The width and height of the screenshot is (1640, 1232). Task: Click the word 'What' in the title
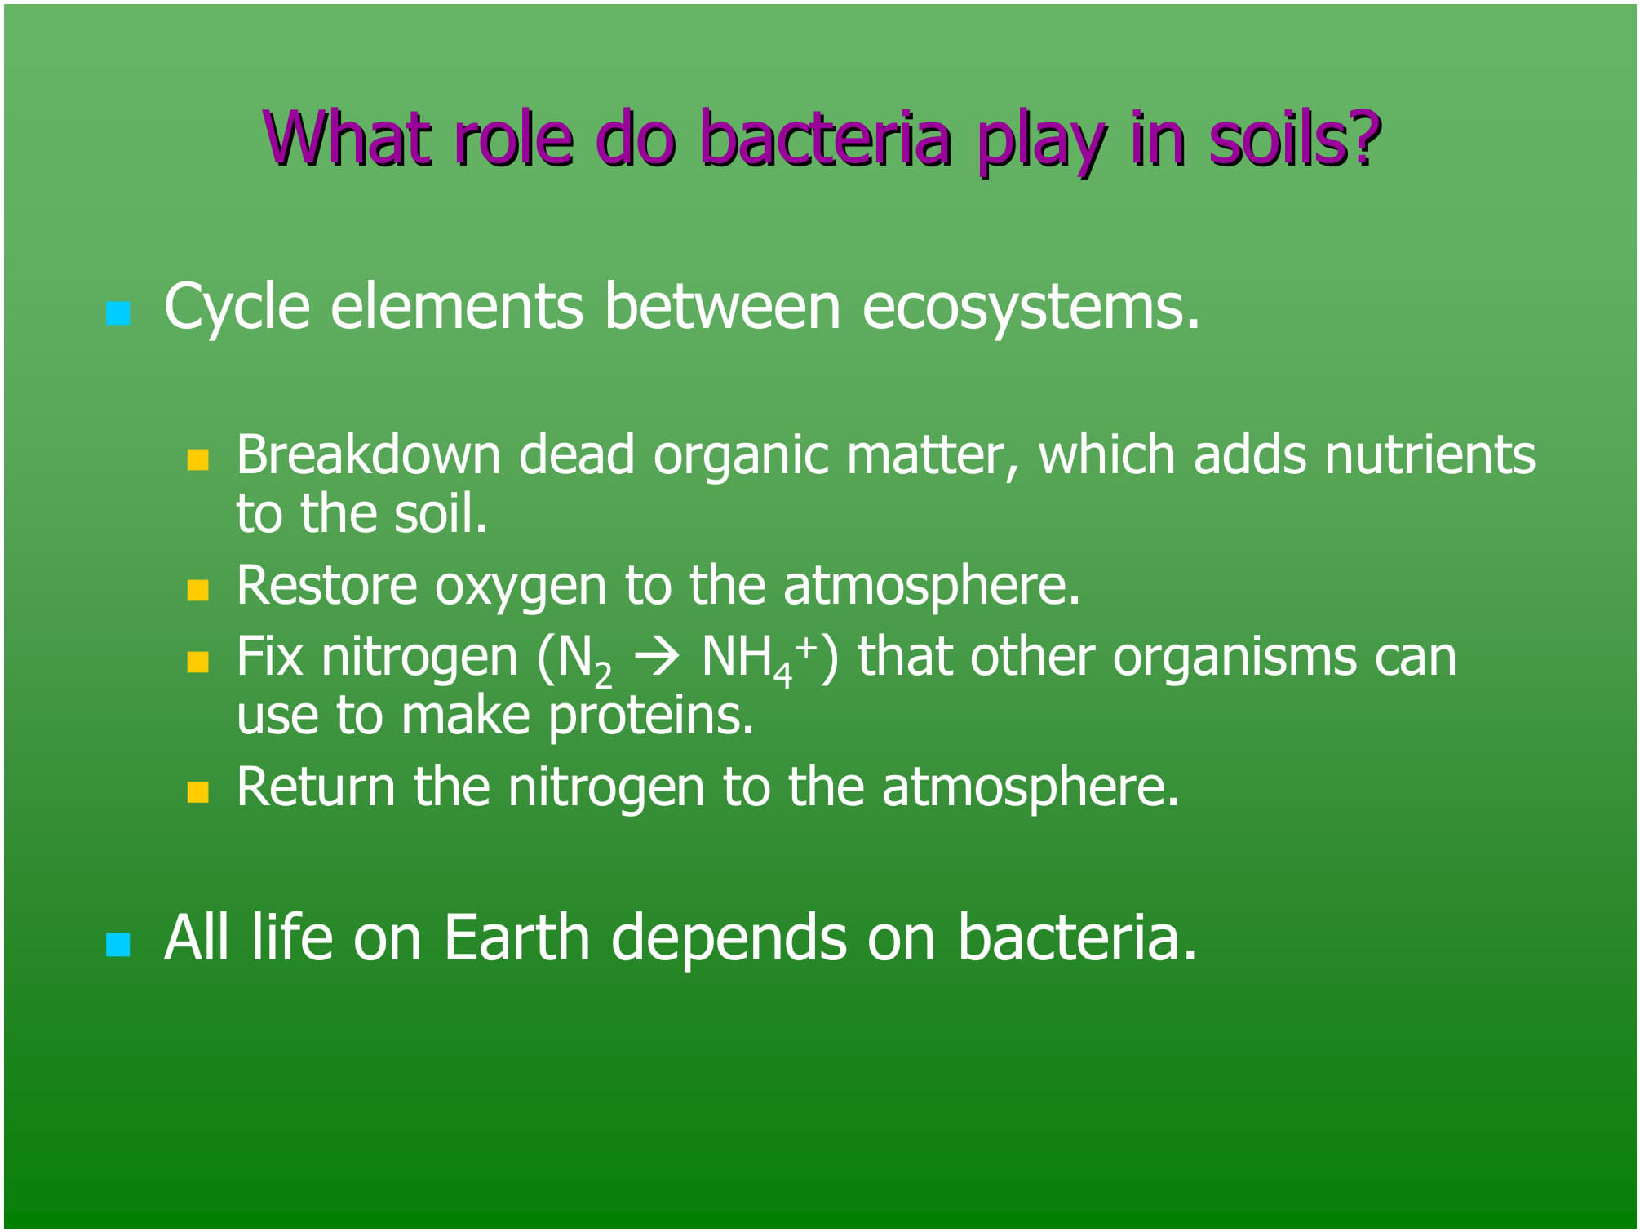[x=347, y=138]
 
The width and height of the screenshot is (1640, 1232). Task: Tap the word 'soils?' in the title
[x=1295, y=138]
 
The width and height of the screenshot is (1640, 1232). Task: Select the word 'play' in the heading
[x=1040, y=143]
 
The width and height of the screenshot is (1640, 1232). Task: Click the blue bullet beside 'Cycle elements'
[x=118, y=313]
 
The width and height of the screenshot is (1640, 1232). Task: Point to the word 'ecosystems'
[x=1031, y=309]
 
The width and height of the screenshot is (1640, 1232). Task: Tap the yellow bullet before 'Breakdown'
[x=198, y=460]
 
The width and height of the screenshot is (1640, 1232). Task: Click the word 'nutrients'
[x=1430, y=454]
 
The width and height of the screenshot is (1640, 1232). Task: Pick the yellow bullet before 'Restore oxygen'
[x=198, y=590]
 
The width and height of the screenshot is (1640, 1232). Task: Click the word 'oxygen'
[x=521, y=588]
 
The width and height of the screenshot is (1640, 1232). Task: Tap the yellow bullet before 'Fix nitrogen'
[x=198, y=661]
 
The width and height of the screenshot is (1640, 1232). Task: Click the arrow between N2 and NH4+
[x=658, y=658]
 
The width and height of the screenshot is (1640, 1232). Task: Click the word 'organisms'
[x=1234, y=657]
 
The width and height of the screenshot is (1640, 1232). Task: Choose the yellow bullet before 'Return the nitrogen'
[x=198, y=792]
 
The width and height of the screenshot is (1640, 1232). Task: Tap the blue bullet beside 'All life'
[x=118, y=944]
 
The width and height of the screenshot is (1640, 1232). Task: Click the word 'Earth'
[x=517, y=937]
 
